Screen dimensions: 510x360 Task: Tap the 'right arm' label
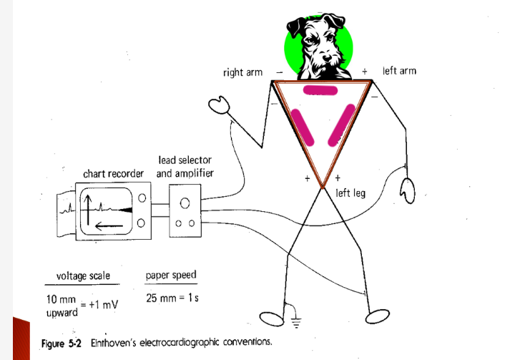[x=242, y=72]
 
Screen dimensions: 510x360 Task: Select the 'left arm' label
[x=399, y=71]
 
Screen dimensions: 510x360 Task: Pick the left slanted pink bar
[x=303, y=125]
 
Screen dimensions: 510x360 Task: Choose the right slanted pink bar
[x=341, y=122]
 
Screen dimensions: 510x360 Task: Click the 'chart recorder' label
[x=113, y=173]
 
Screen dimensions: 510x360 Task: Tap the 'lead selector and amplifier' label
[x=185, y=166]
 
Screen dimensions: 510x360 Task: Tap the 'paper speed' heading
[x=170, y=275]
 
